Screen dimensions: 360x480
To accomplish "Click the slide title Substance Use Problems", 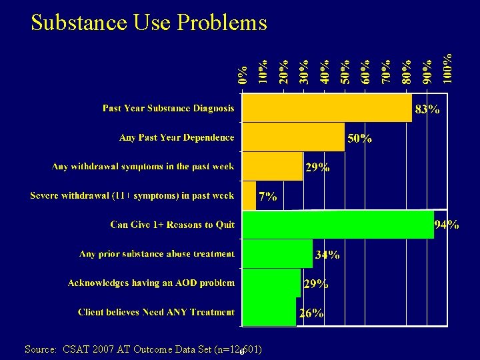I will [149, 23].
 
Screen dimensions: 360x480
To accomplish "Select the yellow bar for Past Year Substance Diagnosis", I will [327, 108].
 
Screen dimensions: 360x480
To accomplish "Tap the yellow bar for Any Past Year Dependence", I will [293, 137].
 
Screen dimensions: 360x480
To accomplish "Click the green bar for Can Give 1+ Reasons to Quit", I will [337, 225].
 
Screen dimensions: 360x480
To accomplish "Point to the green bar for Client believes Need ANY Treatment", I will [269, 312].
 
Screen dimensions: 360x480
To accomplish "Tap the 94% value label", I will [446, 225].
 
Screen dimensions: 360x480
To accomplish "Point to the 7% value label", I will [267, 197].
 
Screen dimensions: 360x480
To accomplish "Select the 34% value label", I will [327, 255].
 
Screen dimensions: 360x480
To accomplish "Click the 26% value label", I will [311, 313].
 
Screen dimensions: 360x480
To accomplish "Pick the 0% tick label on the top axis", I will [243, 74].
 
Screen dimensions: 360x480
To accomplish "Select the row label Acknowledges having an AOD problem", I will [151, 283].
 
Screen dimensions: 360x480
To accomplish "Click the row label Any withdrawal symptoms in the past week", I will [143, 167].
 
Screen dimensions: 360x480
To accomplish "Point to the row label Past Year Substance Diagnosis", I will [168, 108].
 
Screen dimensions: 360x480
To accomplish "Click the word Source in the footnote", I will [41, 349].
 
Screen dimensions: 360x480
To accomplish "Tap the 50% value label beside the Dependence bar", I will [359, 139].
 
